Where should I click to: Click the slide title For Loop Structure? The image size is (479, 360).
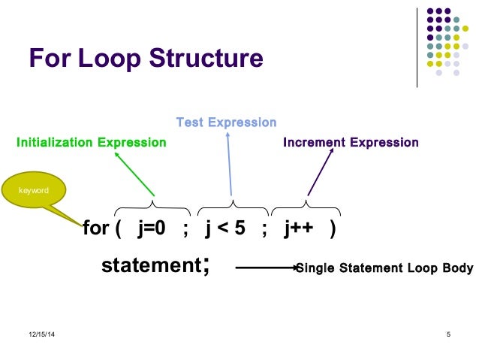tap(146, 59)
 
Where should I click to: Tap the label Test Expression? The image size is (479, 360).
tap(226, 122)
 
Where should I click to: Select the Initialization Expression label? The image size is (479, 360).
tap(92, 143)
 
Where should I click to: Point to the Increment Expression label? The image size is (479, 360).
tap(351, 143)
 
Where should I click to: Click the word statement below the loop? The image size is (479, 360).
tap(149, 265)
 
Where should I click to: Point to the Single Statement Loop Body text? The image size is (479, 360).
tap(384, 268)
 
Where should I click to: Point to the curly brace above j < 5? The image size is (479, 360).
tap(233, 205)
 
